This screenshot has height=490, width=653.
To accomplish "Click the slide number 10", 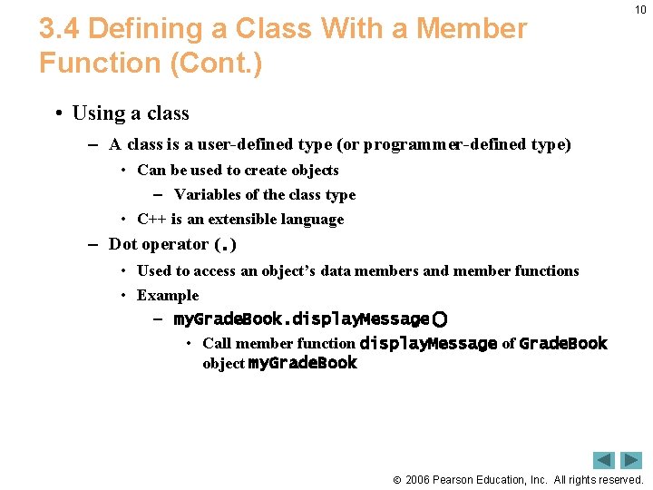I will (640, 10).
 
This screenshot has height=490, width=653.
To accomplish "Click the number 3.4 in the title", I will (60, 29).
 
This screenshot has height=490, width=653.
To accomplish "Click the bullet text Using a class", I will (131, 113).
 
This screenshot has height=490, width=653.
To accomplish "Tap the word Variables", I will (205, 195).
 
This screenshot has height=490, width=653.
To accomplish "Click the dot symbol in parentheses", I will (224, 246).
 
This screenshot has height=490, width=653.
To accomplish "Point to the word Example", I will (168, 296).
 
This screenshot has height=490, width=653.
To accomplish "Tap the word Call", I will (217, 344).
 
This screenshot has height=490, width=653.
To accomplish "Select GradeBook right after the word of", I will (563, 344).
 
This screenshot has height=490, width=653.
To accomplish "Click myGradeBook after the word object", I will (302, 364).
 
